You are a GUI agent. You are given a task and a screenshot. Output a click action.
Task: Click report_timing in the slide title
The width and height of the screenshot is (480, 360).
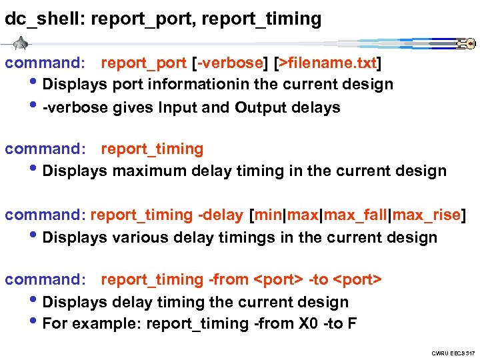tap(265, 19)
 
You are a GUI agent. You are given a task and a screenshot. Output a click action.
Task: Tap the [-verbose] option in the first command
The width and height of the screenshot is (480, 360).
tap(229, 63)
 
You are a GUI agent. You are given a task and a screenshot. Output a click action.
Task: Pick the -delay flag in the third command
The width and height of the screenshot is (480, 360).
tap(220, 215)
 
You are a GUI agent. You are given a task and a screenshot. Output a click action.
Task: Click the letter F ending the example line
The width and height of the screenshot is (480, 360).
tap(352, 323)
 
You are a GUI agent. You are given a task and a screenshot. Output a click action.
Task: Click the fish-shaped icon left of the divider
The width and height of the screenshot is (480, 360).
tap(19, 44)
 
